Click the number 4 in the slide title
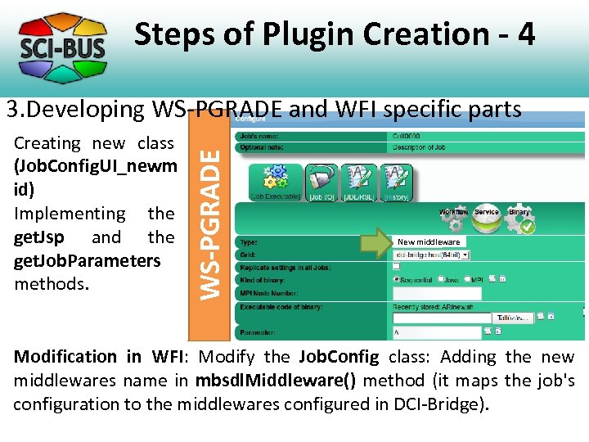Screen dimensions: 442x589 (x=525, y=34)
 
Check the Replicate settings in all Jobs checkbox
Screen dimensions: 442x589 (x=397, y=267)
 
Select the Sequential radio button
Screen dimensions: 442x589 (x=397, y=279)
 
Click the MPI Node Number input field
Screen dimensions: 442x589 (x=437, y=292)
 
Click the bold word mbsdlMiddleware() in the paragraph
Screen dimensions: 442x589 (x=264, y=381)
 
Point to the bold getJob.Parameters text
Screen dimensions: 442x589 (x=88, y=260)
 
